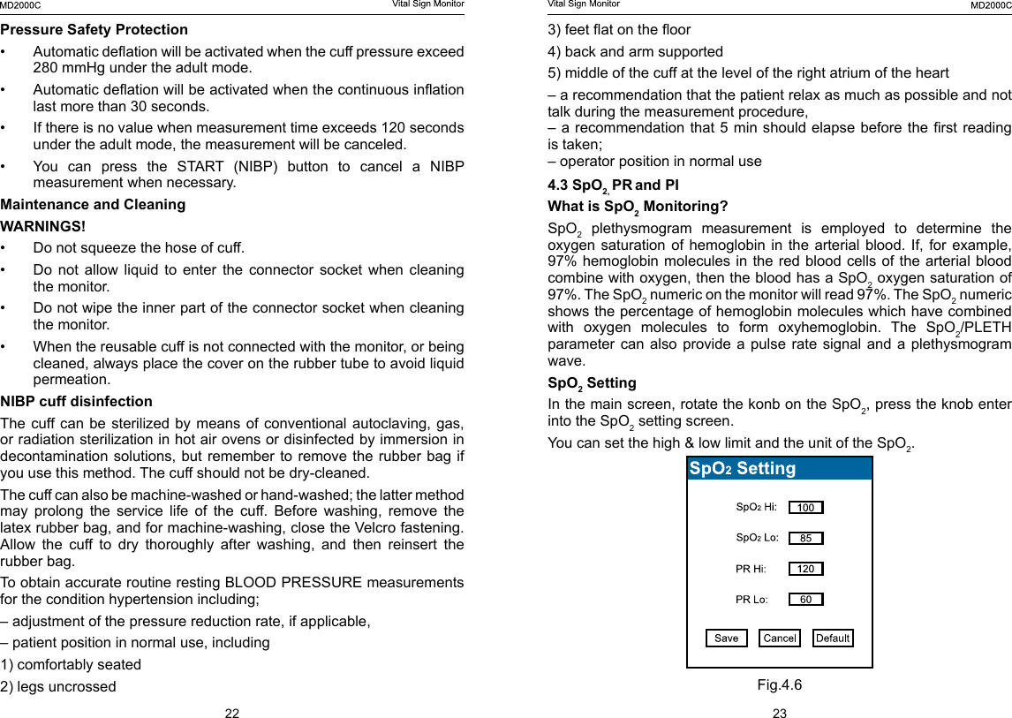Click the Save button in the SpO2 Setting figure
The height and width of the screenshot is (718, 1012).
[x=726, y=638]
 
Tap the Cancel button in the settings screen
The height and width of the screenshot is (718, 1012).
[x=780, y=638]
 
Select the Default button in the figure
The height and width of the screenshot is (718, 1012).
[x=833, y=638]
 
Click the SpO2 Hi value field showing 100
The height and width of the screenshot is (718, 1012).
[x=805, y=508]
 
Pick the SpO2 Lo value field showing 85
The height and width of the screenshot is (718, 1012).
[x=805, y=538]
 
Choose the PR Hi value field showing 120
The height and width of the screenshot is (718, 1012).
[x=805, y=569]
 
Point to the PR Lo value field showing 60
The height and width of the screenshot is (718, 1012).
[x=805, y=600]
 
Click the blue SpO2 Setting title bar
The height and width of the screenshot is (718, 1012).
[x=780, y=468]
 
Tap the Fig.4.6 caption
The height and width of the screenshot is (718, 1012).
[x=779, y=684]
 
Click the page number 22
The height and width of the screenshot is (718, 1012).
[x=231, y=713]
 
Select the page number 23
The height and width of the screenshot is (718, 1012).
[x=779, y=713]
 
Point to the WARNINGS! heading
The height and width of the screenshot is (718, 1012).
[x=43, y=226]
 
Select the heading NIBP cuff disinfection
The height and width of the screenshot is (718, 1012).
[x=77, y=401]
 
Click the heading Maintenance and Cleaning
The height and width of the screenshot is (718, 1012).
[x=93, y=204]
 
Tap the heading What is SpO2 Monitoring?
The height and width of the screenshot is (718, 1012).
[x=638, y=207]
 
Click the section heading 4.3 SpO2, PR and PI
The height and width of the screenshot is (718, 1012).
[x=613, y=185]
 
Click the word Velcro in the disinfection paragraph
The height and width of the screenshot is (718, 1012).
[x=384, y=527]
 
